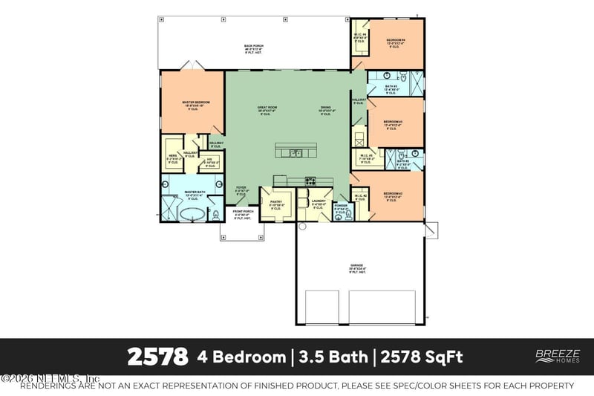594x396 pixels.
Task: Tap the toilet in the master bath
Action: coord(215,215)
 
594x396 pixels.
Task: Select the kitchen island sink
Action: coord(296,153)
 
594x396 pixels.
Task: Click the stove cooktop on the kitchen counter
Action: coord(310,180)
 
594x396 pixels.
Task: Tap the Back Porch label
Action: coord(254,48)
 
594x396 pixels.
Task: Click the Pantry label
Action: coord(275,201)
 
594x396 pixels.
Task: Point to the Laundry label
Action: coord(319,201)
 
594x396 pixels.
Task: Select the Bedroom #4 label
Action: coord(395,41)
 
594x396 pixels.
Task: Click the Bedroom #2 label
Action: coord(393,195)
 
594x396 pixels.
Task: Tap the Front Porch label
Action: coord(244,212)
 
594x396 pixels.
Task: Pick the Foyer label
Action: coord(241,189)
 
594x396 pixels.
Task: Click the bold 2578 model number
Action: coord(157,357)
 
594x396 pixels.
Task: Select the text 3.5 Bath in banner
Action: coord(333,357)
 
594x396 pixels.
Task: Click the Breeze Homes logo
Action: coord(552,357)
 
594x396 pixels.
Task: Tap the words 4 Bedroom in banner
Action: coord(241,357)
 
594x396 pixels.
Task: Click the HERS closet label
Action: coord(172,157)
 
